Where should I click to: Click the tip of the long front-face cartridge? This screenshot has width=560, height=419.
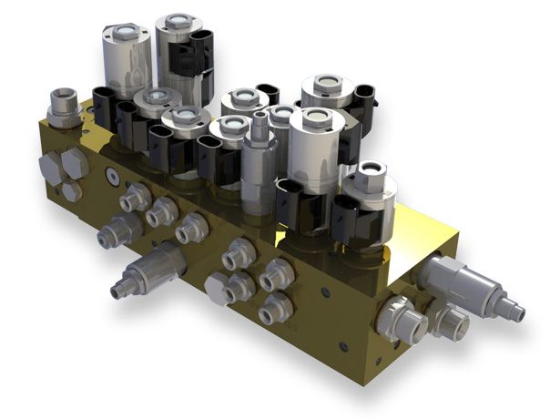[x=116, y=291]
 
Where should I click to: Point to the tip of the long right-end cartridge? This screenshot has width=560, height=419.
[x=518, y=312]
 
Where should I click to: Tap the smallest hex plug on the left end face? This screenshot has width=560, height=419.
[x=70, y=192]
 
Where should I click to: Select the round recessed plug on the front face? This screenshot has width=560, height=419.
[x=112, y=173]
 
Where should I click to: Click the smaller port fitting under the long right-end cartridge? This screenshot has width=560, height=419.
[x=453, y=322]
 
